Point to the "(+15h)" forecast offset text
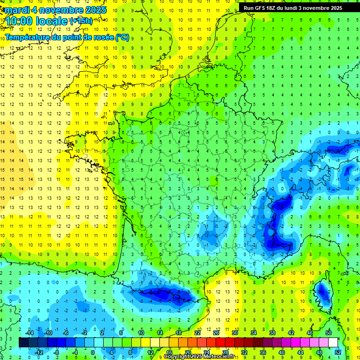pyautogui.click(x=81, y=21)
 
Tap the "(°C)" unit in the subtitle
pyautogui.click(x=121, y=37)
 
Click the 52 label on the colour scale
pyautogui.click(x=337, y=352)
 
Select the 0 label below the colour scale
pyautogui.click(x=92, y=352)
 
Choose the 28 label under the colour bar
pyautogui.click(x=225, y=352)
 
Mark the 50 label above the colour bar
pyautogui.click(x=329, y=333)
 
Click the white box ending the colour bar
pyautogui.click(x=333, y=343)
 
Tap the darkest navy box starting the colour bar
pyautogui.click(x=23, y=343)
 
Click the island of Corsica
pyautogui.click(x=322, y=292)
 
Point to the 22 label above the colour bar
pyautogui.click(x=197, y=333)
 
